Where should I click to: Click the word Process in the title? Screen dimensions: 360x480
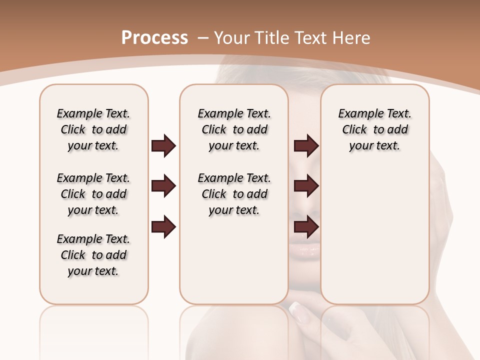click(x=154, y=38)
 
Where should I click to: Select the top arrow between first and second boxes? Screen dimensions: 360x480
click(x=163, y=146)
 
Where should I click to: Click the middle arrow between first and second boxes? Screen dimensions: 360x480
click(x=163, y=186)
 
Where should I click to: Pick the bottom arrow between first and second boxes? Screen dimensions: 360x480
click(x=163, y=227)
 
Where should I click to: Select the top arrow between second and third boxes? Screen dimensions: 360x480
click(x=306, y=146)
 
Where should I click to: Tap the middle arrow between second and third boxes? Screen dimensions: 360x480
click(x=306, y=186)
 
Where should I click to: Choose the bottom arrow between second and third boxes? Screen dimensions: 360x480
click(x=306, y=227)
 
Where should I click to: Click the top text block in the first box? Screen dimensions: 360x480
click(x=93, y=129)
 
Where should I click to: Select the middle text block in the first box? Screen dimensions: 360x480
click(x=93, y=194)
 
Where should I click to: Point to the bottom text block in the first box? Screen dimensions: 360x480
click(x=93, y=255)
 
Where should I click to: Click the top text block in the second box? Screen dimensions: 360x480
click(x=234, y=129)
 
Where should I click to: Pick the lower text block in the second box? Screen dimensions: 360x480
click(x=234, y=194)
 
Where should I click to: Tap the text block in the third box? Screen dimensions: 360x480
click(x=374, y=129)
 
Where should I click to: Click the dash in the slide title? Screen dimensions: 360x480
click(x=203, y=38)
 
